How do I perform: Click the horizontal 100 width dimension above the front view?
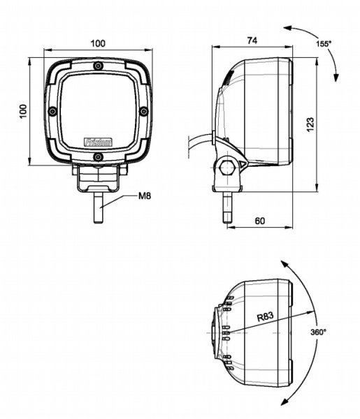coord(98,43)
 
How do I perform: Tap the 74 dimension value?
coord(252,41)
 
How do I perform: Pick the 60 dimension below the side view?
coord(259,221)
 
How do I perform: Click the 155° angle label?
coord(323,43)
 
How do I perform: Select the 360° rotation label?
coord(318,332)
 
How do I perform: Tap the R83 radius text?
coord(265,316)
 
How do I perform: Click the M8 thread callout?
coord(145,196)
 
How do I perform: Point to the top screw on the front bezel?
coord(98,67)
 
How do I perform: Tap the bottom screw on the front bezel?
coord(98,157)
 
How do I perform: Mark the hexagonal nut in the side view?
coord(226,168)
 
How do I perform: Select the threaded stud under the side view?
coord(226,208)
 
